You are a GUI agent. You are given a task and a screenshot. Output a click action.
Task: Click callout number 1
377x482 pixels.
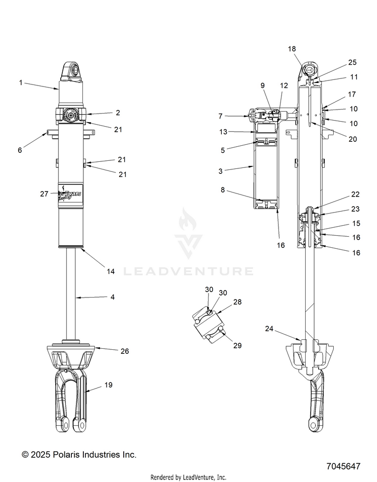coord(21,82)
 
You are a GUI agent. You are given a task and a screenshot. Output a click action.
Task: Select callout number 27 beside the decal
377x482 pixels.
coord(44,193)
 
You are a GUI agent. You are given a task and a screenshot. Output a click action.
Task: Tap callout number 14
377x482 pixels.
coord(111,271)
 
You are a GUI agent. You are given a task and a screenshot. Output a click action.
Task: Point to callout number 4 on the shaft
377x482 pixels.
coord(112,297)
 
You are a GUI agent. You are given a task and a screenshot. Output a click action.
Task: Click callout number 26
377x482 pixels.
coord(125,351)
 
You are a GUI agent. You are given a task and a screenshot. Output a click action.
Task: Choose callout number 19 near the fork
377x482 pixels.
coord(108,385)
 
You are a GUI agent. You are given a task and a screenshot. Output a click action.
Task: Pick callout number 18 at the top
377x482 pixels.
coord(292,49)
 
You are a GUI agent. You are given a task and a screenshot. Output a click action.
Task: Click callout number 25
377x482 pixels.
coord(352,62)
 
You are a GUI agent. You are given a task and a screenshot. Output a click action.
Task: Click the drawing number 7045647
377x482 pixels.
coord(342,466)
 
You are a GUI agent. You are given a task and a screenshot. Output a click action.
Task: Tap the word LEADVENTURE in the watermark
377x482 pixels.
coord(189,271)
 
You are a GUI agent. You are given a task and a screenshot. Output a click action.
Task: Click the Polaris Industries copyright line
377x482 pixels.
coord(79,454)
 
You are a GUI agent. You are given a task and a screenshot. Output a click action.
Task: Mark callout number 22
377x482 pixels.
coord(355,195)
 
